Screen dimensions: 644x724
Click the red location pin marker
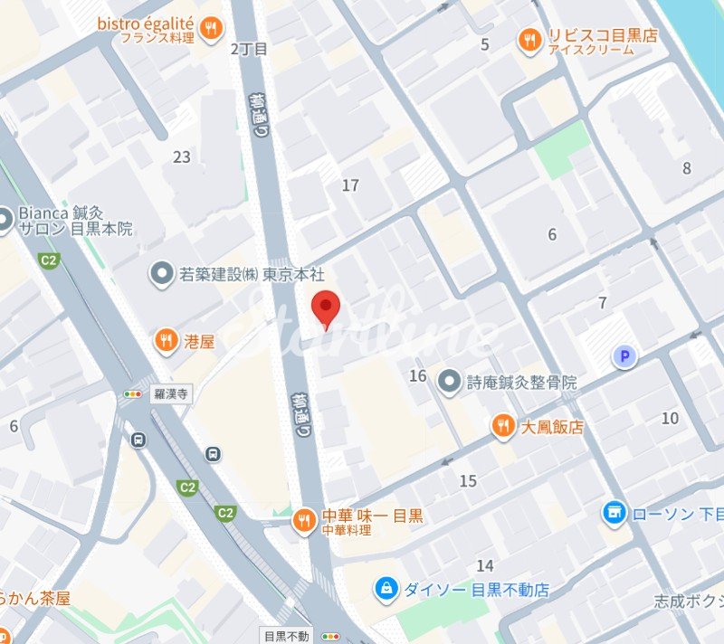click(x=326, y=308)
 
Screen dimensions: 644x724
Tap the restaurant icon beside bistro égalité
click(x=211, y=29)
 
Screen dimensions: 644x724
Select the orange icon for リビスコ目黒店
click(x=529, y=40)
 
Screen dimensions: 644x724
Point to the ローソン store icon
click(x=614, y=514)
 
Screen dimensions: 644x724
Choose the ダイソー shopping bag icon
click(x=386, y=590)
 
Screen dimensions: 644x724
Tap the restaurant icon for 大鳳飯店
click(x=503, y=426)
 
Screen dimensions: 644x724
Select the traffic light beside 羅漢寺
click(x=133, y=394)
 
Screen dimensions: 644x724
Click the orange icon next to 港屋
click(x=165, y=340)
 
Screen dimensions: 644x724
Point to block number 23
click(x=182, y=157)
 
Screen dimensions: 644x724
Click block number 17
click(x=350, y=185)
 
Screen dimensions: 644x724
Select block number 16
click(x=417, y=375)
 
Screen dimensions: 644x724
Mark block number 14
click(x=485, y=566)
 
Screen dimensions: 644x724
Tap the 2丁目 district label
click(x=249, y=49)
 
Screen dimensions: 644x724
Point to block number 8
click(x=687, y=167)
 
